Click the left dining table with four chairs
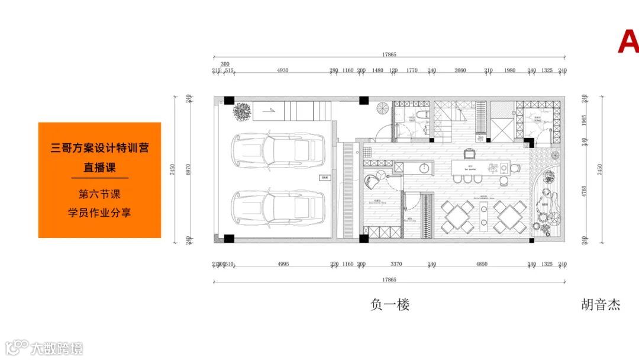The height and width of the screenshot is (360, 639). pos(458,216)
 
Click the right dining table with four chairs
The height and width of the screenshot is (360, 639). pos(510,216)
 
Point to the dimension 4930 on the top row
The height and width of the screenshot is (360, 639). pos(283,70)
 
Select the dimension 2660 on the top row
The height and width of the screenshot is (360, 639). pos(460,70)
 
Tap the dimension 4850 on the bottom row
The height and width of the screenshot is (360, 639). pos(482,264)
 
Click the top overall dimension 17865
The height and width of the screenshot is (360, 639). pos(389,54)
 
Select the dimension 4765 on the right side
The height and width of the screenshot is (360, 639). pos(584,191)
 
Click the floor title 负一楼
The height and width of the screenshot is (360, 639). pos(390,305)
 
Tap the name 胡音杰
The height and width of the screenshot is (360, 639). pos(601,305)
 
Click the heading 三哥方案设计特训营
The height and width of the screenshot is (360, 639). pos(99,147)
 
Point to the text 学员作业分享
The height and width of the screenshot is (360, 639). pos(99,212)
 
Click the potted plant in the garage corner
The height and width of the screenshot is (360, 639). pos(241,111)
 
